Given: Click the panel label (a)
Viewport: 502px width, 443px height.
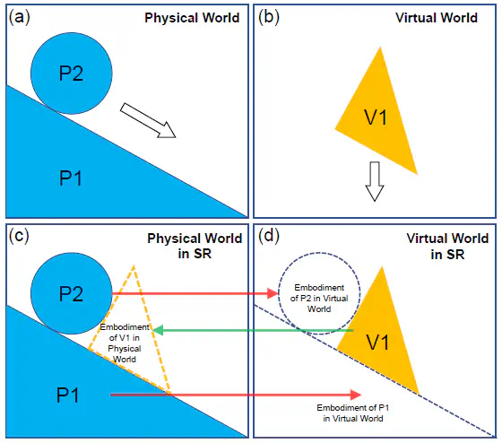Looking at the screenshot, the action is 19,18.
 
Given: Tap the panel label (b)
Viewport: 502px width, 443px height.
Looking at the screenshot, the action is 269,18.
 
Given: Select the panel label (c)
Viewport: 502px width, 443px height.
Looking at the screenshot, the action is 19,236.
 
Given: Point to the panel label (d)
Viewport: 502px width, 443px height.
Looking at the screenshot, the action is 269,236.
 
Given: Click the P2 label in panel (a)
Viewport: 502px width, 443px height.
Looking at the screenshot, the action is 71,73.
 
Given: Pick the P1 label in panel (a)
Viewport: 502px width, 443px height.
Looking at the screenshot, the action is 71,178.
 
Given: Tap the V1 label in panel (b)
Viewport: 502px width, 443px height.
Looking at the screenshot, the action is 376,117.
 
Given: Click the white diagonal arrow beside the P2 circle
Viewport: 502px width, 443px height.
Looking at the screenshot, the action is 148,120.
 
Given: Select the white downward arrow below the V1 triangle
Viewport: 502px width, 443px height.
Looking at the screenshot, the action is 375,181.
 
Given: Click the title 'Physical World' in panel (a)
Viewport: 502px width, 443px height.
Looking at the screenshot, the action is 192,18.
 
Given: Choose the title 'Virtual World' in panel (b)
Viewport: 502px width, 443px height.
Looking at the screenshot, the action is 437,18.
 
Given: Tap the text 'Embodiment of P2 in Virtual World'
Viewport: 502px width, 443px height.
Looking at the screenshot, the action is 319,299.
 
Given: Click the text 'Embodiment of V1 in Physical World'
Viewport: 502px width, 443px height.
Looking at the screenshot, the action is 125,343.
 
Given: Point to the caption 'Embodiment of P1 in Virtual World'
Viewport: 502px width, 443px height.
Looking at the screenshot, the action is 353,413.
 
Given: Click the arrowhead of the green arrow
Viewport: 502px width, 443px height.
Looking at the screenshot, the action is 157,330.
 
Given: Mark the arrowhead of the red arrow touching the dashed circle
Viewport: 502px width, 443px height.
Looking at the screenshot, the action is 273,293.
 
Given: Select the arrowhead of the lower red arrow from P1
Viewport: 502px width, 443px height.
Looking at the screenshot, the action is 356,395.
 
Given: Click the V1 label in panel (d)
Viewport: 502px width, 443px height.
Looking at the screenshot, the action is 378,342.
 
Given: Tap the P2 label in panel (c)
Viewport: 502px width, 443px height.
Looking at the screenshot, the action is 71,293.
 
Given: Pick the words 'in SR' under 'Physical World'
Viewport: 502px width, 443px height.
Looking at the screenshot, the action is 195,254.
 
